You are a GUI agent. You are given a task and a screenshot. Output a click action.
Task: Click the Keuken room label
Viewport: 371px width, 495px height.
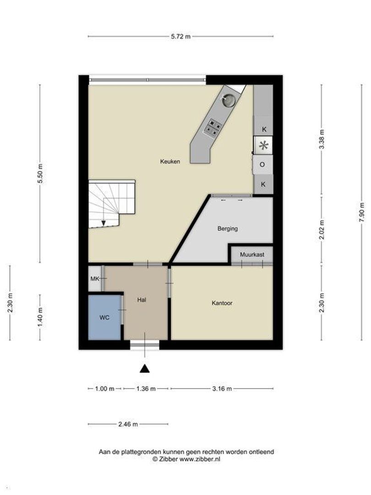coord(170,162)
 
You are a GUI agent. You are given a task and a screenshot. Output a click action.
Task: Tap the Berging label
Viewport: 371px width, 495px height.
coord(228,229)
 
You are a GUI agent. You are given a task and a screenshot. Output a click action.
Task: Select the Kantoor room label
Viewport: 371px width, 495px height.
coord(222,303)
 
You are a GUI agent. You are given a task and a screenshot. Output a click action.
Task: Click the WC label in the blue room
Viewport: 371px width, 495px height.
coord(104,318)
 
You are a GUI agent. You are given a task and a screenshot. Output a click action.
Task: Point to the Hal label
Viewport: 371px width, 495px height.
coord(142,300)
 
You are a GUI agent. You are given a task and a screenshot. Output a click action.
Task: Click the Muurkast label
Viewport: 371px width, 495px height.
coord(252,254)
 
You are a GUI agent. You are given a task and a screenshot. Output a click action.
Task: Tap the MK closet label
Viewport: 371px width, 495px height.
coord(95,279)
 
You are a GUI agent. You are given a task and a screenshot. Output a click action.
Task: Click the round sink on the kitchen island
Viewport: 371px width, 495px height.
coord(229,99)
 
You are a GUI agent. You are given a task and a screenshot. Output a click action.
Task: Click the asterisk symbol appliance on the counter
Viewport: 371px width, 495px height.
coord(263,146)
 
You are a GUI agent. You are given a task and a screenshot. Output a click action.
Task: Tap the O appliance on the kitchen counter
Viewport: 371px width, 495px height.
coord(262,165)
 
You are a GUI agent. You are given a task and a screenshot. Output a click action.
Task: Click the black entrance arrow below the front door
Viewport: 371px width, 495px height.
coord(145,368)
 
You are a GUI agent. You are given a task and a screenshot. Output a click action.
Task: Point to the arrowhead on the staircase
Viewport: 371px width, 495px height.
coord(104,223)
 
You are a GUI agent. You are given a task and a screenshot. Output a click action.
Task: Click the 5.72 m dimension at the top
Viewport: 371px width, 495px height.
coord(181,36)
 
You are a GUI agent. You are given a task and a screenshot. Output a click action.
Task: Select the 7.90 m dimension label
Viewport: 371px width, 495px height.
coord(361,212)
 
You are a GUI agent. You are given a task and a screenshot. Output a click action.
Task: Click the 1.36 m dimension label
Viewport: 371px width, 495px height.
coord(146,389)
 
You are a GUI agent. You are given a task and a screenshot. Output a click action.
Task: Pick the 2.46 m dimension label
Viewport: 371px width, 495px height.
coord(128,424)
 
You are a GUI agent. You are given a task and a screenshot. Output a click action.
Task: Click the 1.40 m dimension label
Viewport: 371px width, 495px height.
coord(40,318)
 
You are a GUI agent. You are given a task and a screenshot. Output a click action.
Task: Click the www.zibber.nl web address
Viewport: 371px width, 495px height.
coord(200,459)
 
